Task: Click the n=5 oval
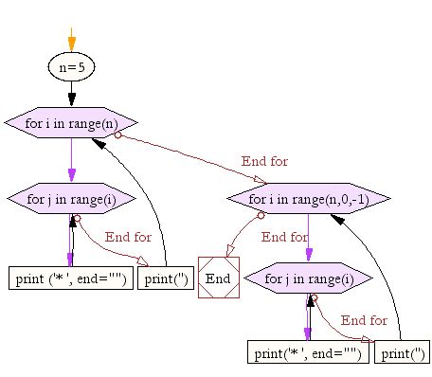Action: click(71, 67)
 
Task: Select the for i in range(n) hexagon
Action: click(71, 122)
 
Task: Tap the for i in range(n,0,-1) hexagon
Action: click(308, 200)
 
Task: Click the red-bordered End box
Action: click(218, 278)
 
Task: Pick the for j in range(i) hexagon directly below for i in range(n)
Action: click(71, 199)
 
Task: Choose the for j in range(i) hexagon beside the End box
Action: click(308, 278)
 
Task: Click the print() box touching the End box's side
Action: click(166, 278)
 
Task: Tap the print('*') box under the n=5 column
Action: click(71, 278)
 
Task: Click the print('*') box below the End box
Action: click(308, 353)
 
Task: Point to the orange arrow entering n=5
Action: click(71, 41)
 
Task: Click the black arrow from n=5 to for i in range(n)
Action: click(71, 94)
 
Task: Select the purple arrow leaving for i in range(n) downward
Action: click(71, 160)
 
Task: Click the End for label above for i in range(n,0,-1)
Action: click(265, 162)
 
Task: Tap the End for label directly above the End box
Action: click(284, 237)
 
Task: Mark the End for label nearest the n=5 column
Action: click(128, 237)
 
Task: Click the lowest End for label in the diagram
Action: click(364, 320)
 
